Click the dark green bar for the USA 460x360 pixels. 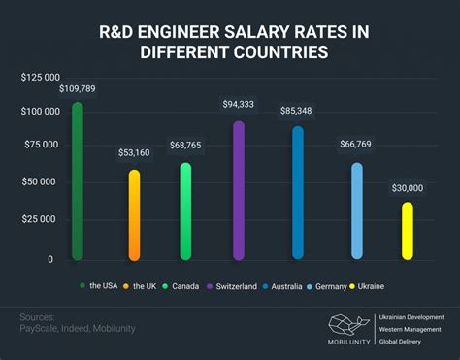click(78, 180)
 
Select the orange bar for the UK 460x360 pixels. click(134, 214)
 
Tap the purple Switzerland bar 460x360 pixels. click(239, 190)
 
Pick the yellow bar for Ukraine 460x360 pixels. click(408, 230)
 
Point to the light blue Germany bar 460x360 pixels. click(357, 211)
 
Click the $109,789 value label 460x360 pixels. click(78, 89)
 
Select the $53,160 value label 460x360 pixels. click(134, 152)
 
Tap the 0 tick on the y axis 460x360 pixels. click(51, 260)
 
